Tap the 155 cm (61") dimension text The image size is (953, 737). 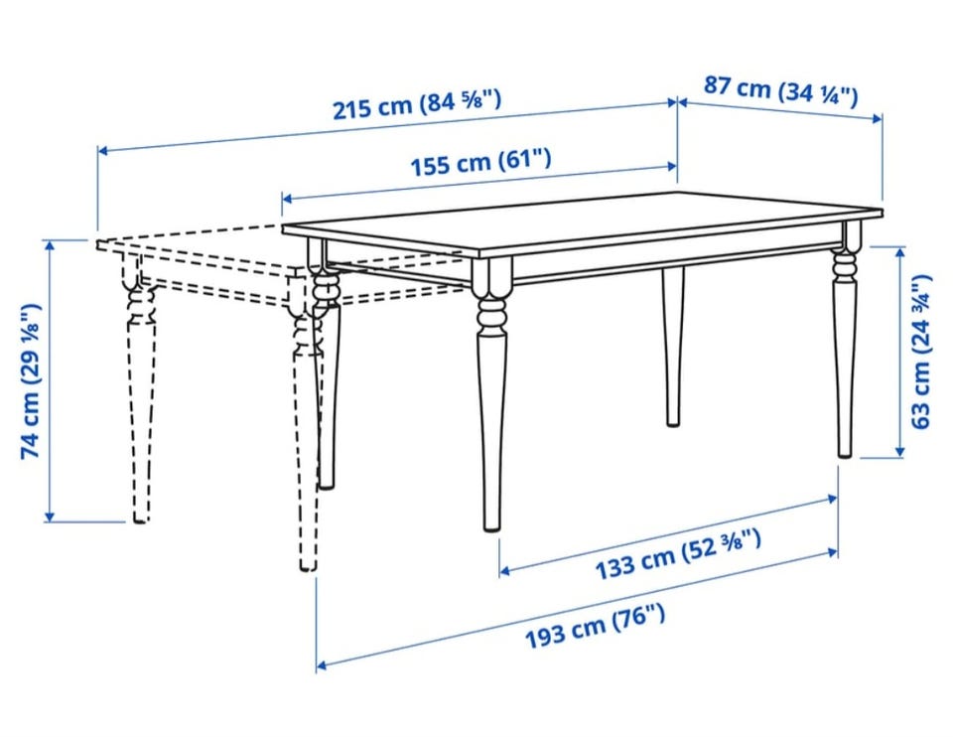[480, 162]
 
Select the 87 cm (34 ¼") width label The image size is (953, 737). [781, 90]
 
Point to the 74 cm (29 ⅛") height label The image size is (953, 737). [31, 380]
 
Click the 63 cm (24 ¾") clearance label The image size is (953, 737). [921, 352]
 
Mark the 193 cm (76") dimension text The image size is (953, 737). [595, 627]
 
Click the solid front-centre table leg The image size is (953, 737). [491, 395]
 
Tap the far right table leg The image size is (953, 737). [846, 341]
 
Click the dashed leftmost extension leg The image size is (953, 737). [139, 389]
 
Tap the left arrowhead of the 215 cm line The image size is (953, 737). [102, 150]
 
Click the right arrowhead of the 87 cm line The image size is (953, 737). [877, 118]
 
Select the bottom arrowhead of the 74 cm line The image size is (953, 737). [50, 516]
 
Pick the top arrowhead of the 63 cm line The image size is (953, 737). [900, 251]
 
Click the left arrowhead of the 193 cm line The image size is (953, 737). [322, 665]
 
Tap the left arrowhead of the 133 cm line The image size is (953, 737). [504, 571]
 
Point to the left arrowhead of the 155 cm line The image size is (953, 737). [287, 199]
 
